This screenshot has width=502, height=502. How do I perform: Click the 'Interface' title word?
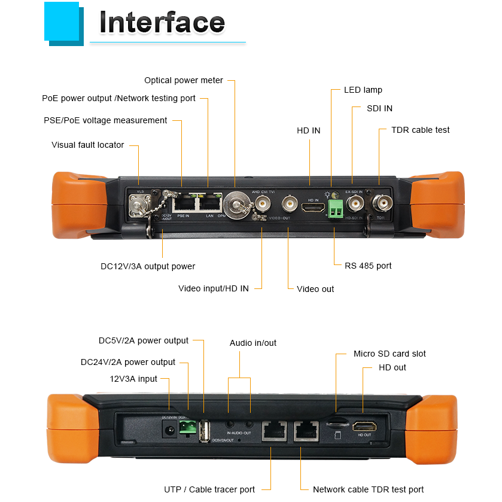(162, 23)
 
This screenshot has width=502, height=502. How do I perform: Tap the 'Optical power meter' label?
(184, 80)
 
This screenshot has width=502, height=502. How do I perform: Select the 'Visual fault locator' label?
(88, 145)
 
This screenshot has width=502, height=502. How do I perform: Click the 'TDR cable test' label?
(420, 130)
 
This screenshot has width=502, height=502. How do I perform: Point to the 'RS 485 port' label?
(368, 266)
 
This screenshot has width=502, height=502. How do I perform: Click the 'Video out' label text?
(315, 289)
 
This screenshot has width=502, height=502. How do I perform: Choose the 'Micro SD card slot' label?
(390, 354)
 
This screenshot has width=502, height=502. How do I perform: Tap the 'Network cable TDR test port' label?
(368, 489)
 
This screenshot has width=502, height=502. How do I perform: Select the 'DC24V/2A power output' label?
(128, 362)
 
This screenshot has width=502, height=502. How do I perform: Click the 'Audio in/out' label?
(253, 343)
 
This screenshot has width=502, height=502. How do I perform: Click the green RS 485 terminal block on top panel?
(336, 208)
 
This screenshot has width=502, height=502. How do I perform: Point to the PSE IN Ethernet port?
(182, 203)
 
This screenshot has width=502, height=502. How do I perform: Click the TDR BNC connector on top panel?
(381, 203)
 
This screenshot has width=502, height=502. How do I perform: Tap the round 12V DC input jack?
(169, 428)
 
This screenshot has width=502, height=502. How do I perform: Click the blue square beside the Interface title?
(62, 22)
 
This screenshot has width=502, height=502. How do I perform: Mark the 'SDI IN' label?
(379, 108)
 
